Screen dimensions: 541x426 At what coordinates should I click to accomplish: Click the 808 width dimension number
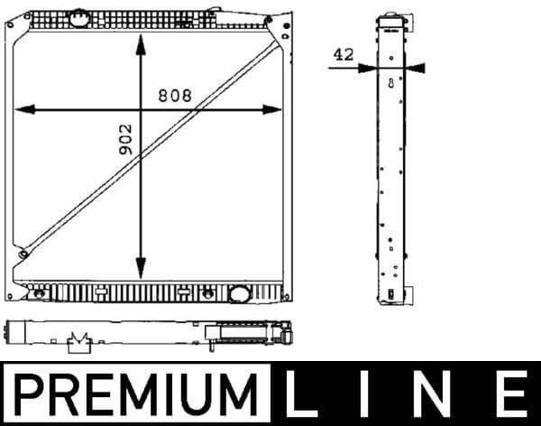[x=175, y=96]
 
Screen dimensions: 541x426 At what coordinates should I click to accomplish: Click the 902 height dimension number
[x=125, y=140]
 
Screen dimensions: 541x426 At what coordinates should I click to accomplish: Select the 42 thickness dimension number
[x=344, y=55]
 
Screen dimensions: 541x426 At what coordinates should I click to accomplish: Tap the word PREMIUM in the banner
[x=135, y=394]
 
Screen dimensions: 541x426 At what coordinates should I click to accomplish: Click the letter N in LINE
[x=434, y=394]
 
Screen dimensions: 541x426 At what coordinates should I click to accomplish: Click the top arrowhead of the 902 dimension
[x=141, y=44]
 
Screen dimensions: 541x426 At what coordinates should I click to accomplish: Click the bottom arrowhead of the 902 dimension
[x=141, y=268]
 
